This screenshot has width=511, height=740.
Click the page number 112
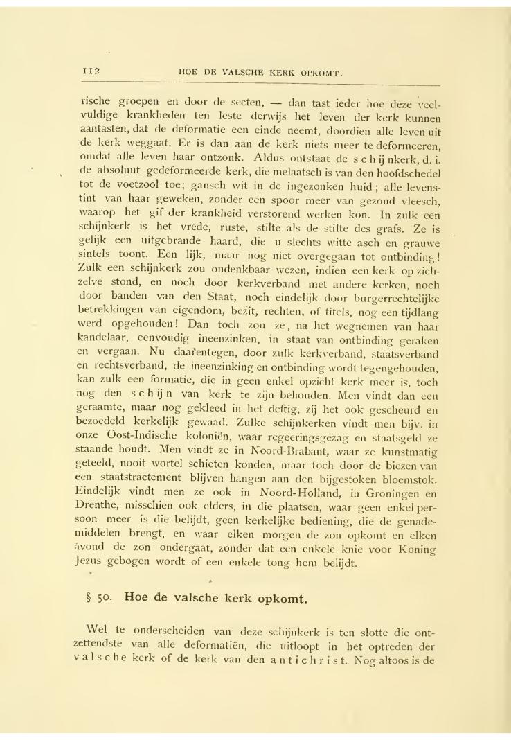tap(91, 70)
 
